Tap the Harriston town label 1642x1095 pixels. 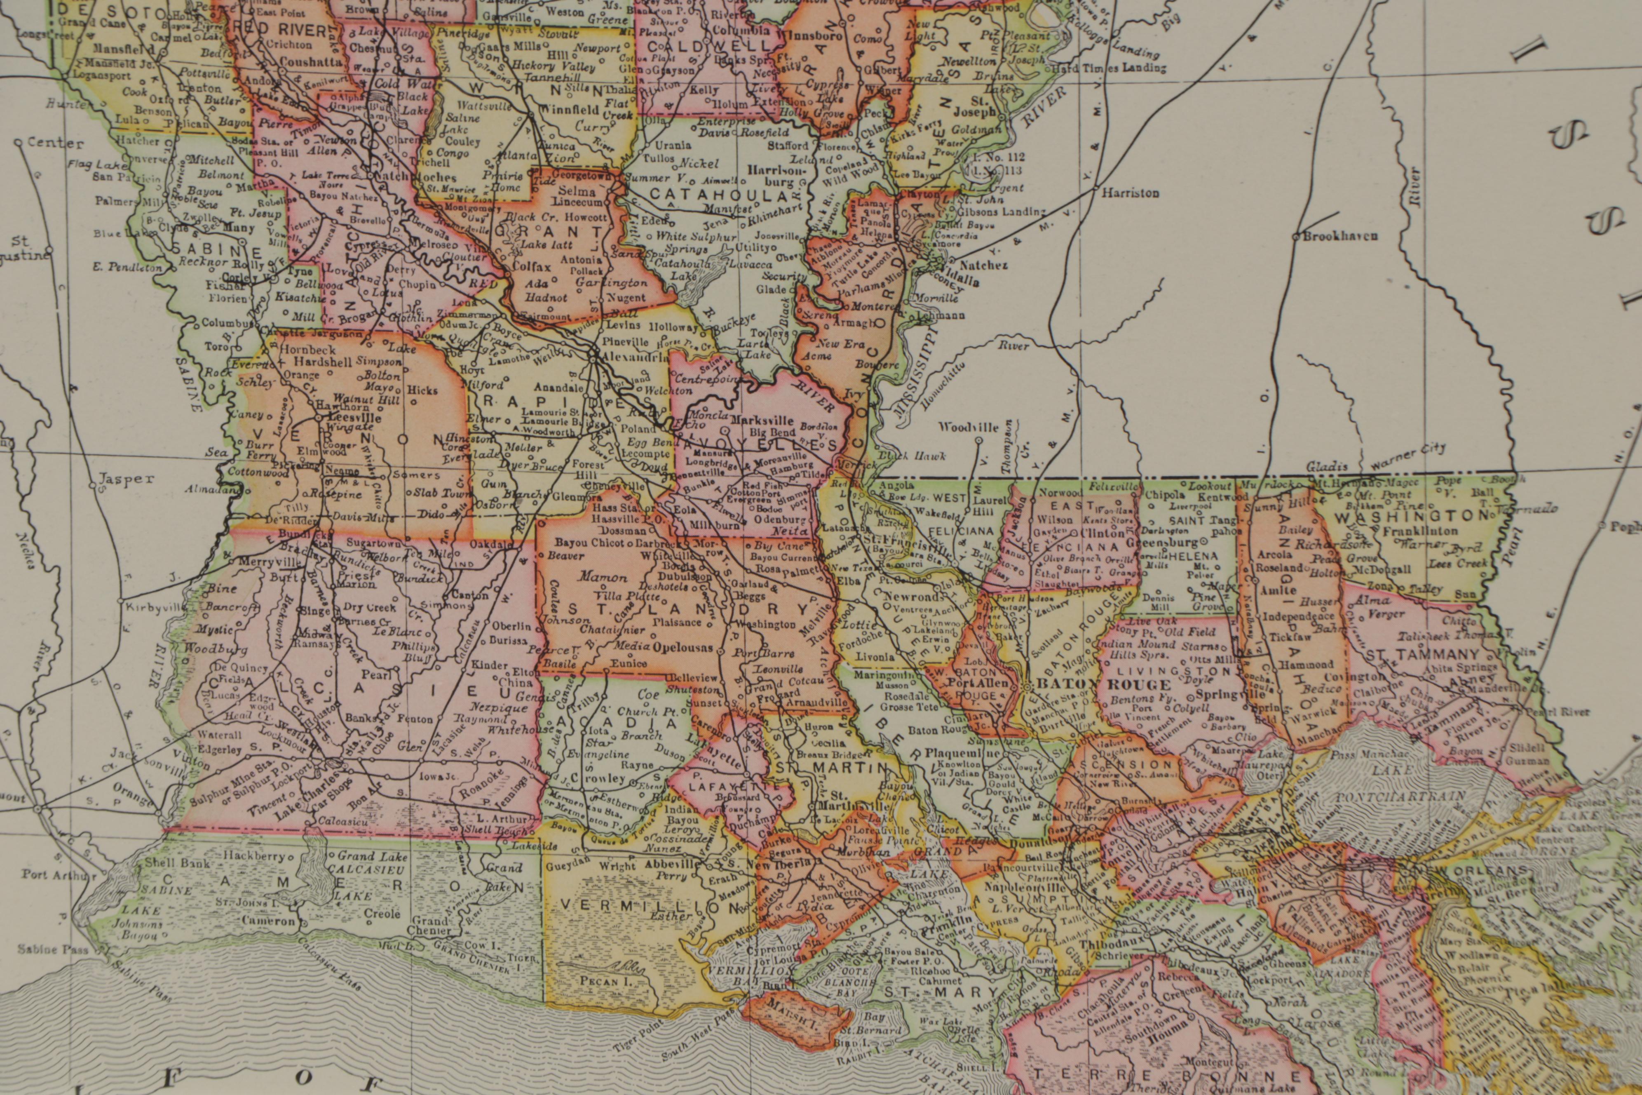(1130, 193)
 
